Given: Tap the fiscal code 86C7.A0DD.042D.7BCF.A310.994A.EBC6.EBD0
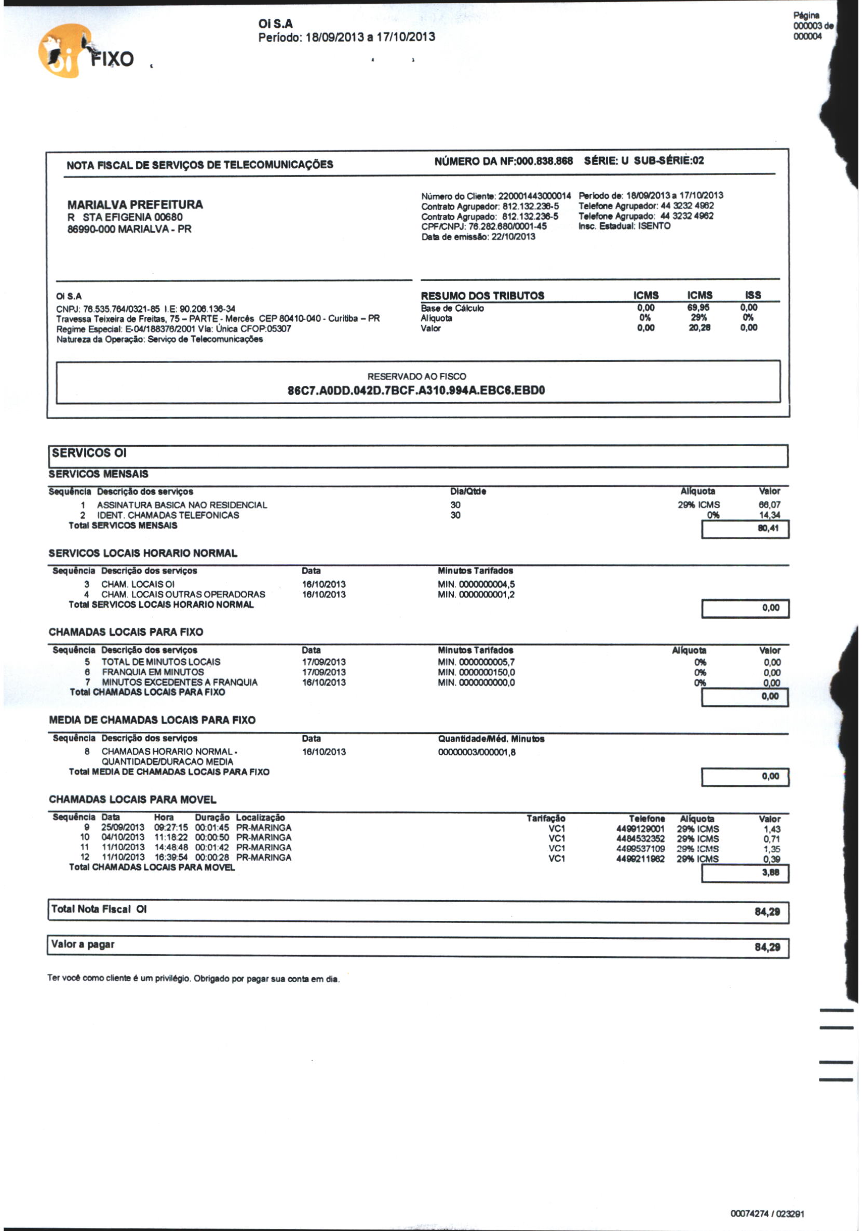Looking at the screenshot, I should click(x=416, y=390).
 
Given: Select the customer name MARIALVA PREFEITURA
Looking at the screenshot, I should click(x=135, y=204).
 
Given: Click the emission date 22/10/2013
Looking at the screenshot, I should click(x=513, y=237).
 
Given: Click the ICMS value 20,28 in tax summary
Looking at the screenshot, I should click(x=699, y=328).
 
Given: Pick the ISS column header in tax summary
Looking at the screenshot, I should click(x=752, y=295).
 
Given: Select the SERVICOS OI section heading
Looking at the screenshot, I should click(x=89, y=453).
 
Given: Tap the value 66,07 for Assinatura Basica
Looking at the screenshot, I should click(x=769, y=504).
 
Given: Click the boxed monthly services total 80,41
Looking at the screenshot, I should click(x=767, y=529).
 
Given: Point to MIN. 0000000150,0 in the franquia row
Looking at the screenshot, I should click(x=476, y=672).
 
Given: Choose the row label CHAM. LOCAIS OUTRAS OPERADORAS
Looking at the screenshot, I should click(x=183, y=594).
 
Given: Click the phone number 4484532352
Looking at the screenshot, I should click(x=640, y=838).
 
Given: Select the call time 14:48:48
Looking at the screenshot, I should click(x=171, y=848).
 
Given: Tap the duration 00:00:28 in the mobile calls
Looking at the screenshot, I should click(x=212, y=858).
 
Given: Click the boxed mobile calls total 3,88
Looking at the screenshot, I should click(x=770, y=872).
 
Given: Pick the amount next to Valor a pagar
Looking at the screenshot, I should click(x=767, y=947).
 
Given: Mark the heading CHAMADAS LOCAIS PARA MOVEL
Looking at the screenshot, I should click(x=132, y=799).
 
